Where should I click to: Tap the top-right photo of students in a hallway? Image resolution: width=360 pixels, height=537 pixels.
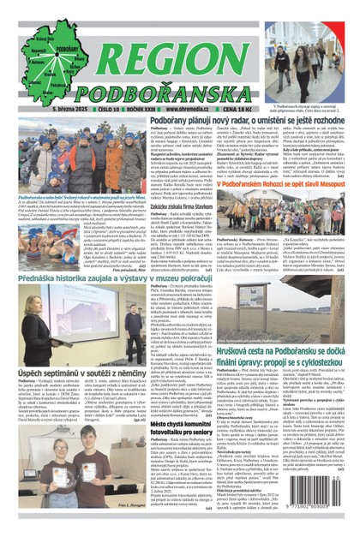[x=319, y=53]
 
